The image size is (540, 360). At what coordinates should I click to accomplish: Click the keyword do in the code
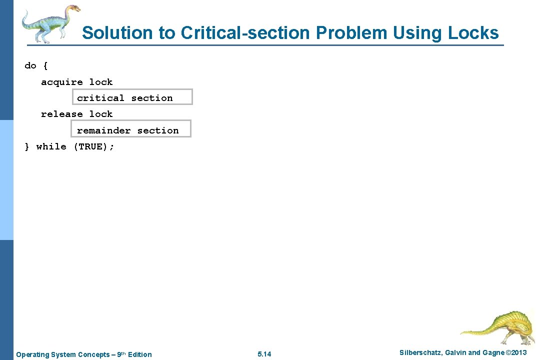pos(30,65)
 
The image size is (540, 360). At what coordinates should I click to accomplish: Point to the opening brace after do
pos(45,66)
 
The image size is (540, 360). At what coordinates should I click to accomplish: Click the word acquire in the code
pos(62,82)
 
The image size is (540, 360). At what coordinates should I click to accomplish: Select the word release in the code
pos(62,114)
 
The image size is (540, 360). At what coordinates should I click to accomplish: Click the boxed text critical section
pos(125,98)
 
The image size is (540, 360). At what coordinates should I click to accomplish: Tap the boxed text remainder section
pos(127,130)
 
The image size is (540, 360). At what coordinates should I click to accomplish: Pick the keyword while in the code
pos(51,146)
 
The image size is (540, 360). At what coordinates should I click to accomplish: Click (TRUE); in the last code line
pos(94,146)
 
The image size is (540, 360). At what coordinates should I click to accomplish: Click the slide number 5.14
pos(264,354)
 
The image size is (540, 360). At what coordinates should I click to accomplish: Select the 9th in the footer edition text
pos(121,354)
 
